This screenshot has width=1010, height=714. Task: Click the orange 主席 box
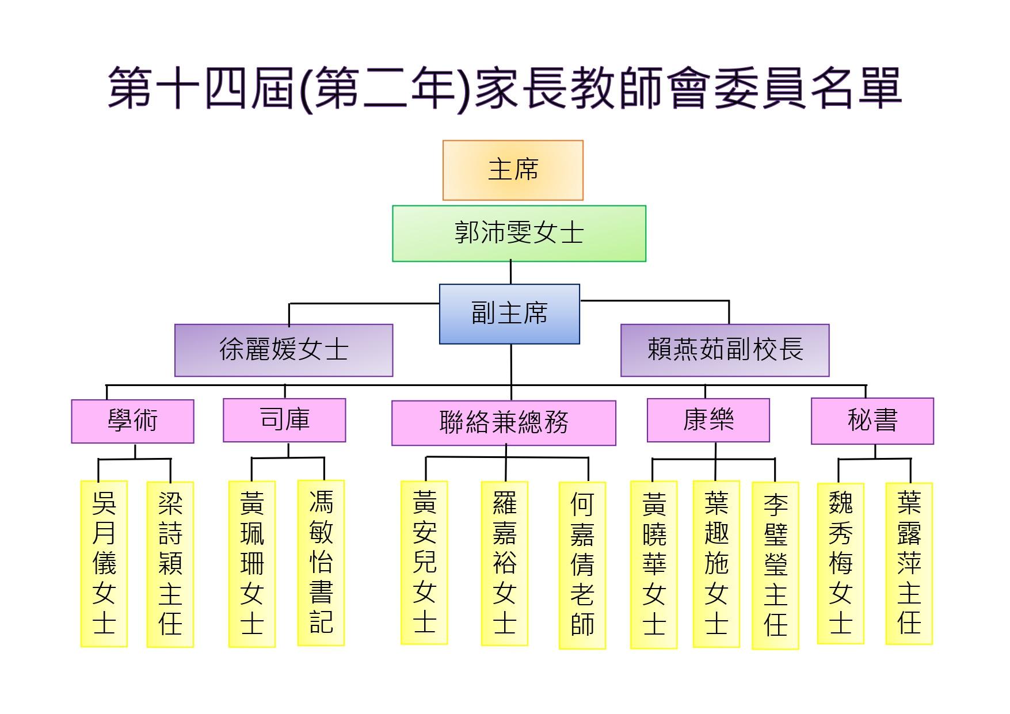(513, 170)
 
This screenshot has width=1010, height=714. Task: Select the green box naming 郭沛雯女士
(519, 234)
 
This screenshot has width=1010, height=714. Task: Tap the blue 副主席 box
(509, 314)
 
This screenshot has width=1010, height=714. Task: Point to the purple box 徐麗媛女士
(284, 350)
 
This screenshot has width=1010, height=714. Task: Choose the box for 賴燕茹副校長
(725, 350)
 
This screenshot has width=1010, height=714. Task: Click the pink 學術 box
(132, 421)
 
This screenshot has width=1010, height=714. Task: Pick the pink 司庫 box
(284, 420)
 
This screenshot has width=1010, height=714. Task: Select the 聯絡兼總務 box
(504, 423)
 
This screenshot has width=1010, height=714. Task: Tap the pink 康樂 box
(708, 420)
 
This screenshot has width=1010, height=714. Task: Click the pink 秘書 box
(872, 421)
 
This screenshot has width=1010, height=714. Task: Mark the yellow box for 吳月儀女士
(104, 564)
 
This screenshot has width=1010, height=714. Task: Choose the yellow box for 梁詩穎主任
(170, 564)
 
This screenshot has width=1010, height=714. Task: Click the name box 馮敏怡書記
(321, 563)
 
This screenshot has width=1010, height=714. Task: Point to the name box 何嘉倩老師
(582, 565)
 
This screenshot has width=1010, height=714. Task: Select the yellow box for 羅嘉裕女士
(504, 563)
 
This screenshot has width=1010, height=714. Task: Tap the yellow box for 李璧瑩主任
(775, 565)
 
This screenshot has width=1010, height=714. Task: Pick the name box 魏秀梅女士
(840, 563)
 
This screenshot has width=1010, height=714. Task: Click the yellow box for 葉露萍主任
(909, 563)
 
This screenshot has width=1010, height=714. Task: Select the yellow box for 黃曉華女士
(654, 564)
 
